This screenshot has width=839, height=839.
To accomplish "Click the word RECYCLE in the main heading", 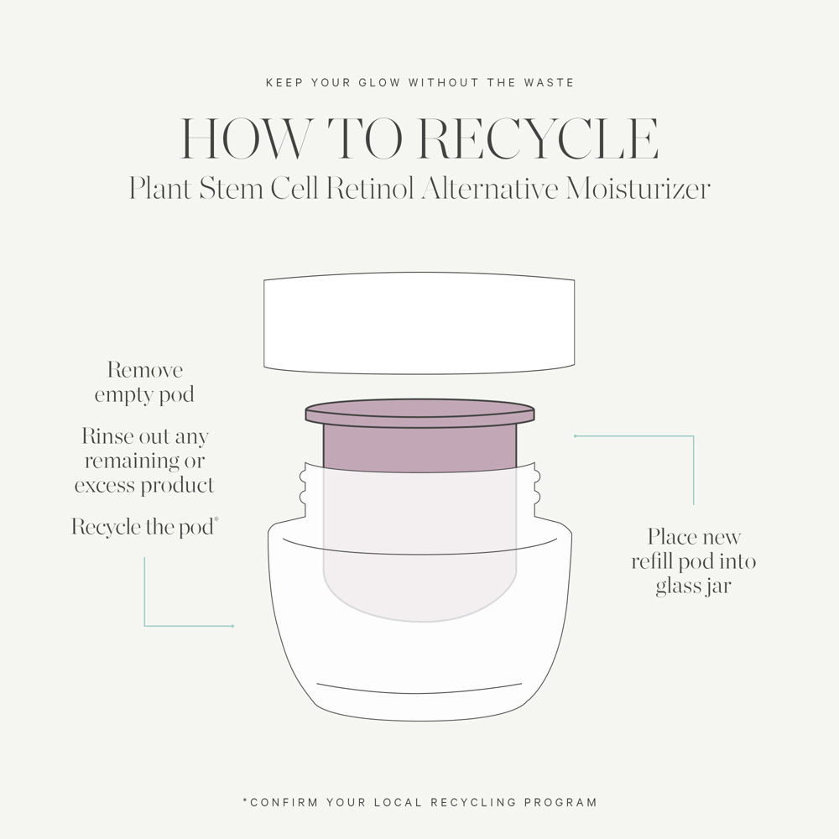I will tap(538, 139).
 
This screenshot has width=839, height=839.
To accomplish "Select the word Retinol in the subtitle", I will tap(370, 189).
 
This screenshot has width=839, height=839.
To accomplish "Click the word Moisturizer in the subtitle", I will tap(638, 189).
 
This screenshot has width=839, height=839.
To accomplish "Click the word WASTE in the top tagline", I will tap(548, 83).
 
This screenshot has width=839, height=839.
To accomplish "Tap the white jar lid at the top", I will tap(419, 323).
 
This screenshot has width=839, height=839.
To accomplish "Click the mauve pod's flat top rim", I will tap(419, 412).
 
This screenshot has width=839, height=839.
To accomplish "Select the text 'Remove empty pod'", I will tap(144, 383).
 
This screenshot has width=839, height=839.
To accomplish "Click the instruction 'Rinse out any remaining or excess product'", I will tap(144, 461).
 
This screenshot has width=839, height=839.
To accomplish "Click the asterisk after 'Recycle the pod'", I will tap(216, 521).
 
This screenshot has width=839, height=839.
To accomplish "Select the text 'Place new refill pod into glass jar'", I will tap(694, 561).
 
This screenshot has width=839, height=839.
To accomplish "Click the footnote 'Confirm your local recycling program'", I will tap(419, 802).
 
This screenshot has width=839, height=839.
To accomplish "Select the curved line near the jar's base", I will tap(419, 690).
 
